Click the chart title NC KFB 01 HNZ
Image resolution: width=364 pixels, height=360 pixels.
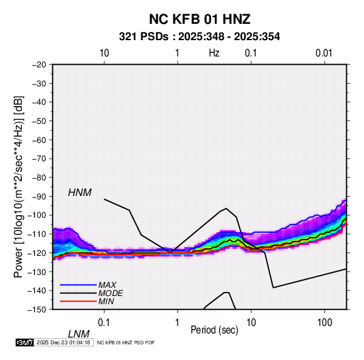pyautogui.click(x=199, y=19)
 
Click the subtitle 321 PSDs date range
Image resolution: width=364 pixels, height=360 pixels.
pyautogui.click(x=199, y=37)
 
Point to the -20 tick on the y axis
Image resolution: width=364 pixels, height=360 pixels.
pyautogui.click(x=39, y=65)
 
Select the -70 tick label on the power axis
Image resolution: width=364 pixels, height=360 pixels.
pyautogui.click(x=39, y=159)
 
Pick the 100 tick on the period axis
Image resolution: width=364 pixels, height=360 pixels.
pyautogui.click(x=325, y=323)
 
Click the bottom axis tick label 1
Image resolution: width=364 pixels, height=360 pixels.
pyautogui.click(x=178, y=323)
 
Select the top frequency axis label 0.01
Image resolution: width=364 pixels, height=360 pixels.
pyautogui.click(x=324, y=53)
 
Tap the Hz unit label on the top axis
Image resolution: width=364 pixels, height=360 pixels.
pyautogui.click(x=214, y=53)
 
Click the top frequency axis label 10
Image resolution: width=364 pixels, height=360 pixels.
pyautogui.click(x=104, y=53)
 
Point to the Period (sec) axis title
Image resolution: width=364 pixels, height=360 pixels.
pyautogui.click(x=214, y=330)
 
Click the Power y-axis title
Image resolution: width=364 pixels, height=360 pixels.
pyautogui.click(x=18, y=187)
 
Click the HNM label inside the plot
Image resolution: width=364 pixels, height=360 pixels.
pyautogui.click(x=80, y=193)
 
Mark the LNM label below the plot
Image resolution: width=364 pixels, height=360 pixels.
pyautogui.click(x=78, y=334)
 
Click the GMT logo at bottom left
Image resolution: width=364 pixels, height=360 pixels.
pyautogui.click(x=24, y=342)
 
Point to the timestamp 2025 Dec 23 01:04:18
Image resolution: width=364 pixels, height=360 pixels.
pyautogui.click(x=63, y=342)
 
